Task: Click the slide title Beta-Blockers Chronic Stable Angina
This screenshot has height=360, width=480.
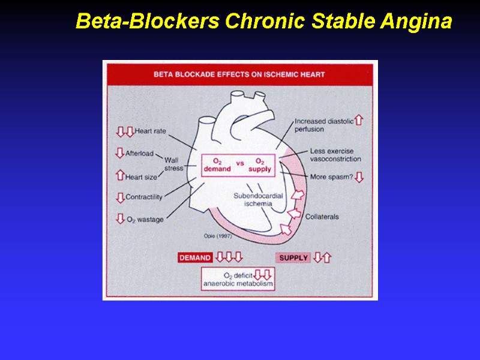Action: [x=263, y=22]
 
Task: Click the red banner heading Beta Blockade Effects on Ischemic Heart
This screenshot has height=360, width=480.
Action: [x=239, y=75]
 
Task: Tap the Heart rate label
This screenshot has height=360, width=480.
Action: [x=150, y=131]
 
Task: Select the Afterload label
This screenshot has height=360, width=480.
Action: [x=139, y=154]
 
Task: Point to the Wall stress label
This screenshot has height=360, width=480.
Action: [x=174, y=164]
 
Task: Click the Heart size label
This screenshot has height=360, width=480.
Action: [x=142, y=176]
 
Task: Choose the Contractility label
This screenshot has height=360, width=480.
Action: [x=144, y=197]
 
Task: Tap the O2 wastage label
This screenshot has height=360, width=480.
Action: [x=144, y=220]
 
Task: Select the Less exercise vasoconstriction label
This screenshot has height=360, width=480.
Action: [x=335, y=155]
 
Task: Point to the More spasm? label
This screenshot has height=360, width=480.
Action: [x=331, y=177]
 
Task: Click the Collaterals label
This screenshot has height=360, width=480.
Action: [x=322, y=217]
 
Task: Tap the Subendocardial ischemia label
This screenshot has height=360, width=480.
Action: [x=258, y=200]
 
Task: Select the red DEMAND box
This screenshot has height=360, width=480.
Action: [x=195, y=258]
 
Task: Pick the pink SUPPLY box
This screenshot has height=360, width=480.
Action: [x=293, y=258]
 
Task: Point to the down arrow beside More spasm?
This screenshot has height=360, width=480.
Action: [x=359, y=177]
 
